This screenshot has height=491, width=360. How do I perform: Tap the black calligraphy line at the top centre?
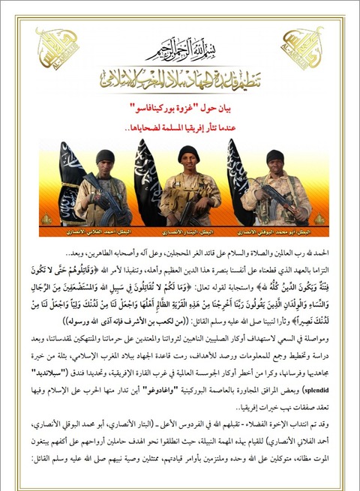tap(179, 51)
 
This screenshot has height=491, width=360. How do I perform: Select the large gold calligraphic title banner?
tap(179, 80)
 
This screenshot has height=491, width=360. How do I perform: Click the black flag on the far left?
tap(73, 180)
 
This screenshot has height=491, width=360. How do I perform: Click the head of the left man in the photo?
tap(105, 158)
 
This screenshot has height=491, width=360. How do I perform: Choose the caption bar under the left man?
tap(101, 222)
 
